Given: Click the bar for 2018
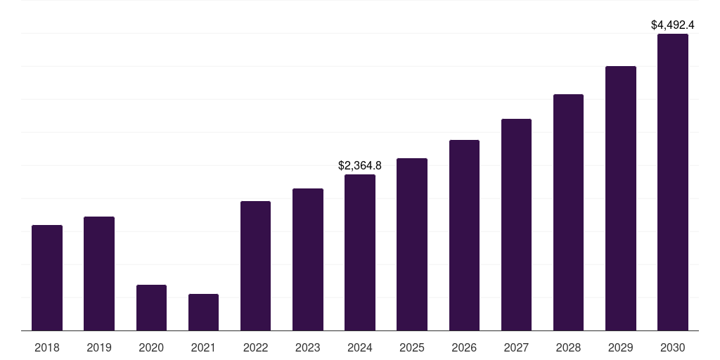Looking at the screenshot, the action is pos(47,278).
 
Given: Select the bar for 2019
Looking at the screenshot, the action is pos(99,274).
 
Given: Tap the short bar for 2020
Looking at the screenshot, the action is pos(152,308).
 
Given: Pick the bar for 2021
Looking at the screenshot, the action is pos(203,312).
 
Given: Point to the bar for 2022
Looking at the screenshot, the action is pos(255,266).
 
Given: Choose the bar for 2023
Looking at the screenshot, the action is pos(308,259).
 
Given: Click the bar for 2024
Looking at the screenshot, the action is pos(360,252).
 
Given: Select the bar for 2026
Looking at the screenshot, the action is pos(464,235).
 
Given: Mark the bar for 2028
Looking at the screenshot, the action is pos(568,212).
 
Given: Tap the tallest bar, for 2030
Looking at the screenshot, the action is pos(673,182).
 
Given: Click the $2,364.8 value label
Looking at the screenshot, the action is pos(360,165).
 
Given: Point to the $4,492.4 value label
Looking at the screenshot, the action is pos(673,25).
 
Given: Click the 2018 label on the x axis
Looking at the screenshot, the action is pos(47,347).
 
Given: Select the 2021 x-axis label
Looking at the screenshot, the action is pos(203,347).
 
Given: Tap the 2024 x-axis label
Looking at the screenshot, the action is pos(360,347).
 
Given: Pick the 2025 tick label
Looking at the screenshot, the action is pos(412,347).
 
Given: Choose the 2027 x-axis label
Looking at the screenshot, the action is pos(516,347).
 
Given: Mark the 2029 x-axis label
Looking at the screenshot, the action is pos(620,347).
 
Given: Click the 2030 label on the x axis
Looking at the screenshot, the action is pos(673,347).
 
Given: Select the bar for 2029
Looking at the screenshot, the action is pos(621,198).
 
